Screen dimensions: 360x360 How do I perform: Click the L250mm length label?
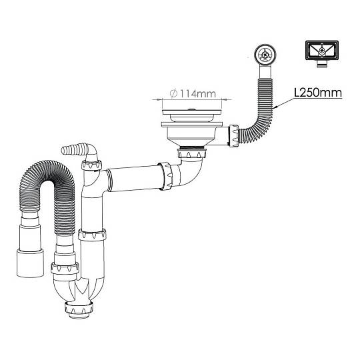[x=318, y=93]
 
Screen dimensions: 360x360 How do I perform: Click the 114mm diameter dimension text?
[x=193, y=94]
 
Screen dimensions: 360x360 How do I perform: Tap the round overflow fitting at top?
[x=265, y=55]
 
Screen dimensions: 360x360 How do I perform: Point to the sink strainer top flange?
[x=192, y=112]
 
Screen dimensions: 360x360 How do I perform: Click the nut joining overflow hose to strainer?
[x=234, y=135]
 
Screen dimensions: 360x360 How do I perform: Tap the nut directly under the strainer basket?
[x=192, y=153]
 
